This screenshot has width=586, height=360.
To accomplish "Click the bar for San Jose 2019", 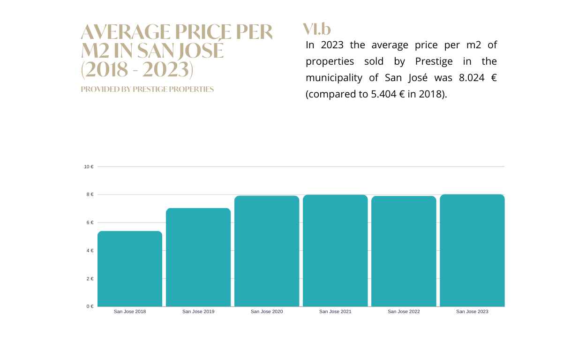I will [198, 257].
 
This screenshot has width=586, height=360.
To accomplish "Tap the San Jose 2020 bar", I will [267, 251].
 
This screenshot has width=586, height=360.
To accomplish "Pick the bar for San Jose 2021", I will [335, 251].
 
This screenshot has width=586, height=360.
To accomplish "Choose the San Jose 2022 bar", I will [404, 251].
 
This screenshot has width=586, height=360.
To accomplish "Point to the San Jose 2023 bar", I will [472, 250].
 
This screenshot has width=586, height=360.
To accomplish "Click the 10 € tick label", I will [89, 166].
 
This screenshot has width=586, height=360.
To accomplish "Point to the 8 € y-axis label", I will [90, 195].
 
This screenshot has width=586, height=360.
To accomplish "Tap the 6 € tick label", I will [90, 223].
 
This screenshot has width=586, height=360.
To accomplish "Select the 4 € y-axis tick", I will [90, 251].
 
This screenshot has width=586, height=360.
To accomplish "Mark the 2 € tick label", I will [90, 278].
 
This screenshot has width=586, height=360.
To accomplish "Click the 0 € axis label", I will [90, 307].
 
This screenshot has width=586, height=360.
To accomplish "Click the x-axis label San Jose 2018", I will [130, 311].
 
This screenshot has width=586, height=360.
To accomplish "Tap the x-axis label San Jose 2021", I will [335, 311].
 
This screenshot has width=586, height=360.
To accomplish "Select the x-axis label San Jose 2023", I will [472, 311].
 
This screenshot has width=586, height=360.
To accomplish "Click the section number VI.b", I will [317, 29].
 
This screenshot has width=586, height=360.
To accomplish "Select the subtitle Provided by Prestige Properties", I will [147, 89].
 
